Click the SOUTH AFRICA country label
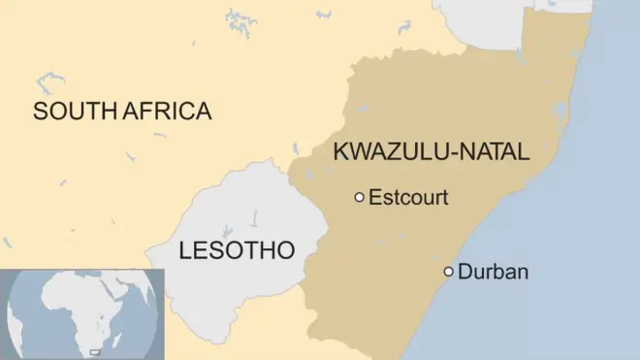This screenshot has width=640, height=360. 122,111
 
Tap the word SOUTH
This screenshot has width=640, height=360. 76,111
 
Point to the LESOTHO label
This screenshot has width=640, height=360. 238,251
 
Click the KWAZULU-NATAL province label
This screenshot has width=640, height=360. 432,151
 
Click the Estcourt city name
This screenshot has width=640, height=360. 408,198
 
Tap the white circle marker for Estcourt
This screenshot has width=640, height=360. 360,198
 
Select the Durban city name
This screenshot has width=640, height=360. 493,272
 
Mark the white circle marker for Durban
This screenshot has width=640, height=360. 448,272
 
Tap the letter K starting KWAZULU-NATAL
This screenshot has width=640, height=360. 340,151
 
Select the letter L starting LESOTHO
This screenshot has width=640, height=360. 186,251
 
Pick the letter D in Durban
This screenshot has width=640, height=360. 464,272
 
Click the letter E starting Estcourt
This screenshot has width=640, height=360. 374,198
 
